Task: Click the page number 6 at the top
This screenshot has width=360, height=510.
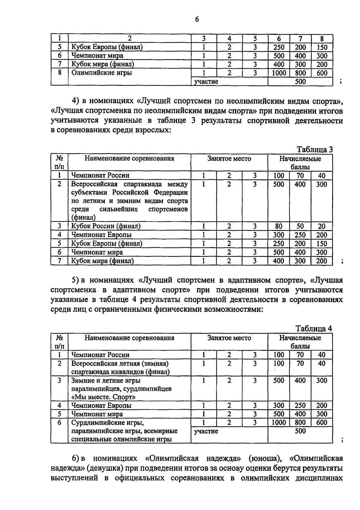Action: pyautogui.click(x=197, y=19)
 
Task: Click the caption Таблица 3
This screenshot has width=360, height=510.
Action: pyautogui.click(x=314, y=149)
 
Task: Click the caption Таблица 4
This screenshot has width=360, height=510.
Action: pyautogui.click(x=314, y=328)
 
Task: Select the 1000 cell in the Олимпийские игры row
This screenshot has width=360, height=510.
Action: pyautogui.click(x=279, y=73)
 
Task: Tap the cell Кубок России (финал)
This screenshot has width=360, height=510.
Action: pyautogui.click(x=106, y=226)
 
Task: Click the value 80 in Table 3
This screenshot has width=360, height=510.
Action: pyautogui.click(x=279, y=226)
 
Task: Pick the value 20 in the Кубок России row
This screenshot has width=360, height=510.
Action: pyautogui.click(x=322, y=226)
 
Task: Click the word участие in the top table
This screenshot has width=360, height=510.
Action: pyautogui.click(x=206, y=82)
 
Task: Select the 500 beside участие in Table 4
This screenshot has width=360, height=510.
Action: pyautogui.click(x=300, y=431)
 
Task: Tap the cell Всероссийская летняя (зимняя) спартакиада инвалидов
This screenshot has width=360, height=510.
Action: pyautogui.click(x=120, y=368)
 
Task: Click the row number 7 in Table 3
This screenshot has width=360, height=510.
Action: pyautogui.click(x=59, y=261)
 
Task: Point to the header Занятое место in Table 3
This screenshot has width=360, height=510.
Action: pyautogui.click(x=229, y=159)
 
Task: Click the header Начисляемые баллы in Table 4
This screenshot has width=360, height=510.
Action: pyautogui.click(x=300, y=342)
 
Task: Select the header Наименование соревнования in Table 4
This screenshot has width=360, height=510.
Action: pyautogui.click(x=129, y=338)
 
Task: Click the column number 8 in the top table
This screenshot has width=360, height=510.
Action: pyautogui.click(x=322, y=38)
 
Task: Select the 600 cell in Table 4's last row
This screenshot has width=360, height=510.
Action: pyautogui.click(x=322, y=422)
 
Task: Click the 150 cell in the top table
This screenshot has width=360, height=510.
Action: pyautogui.click(x=322, y=47)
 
